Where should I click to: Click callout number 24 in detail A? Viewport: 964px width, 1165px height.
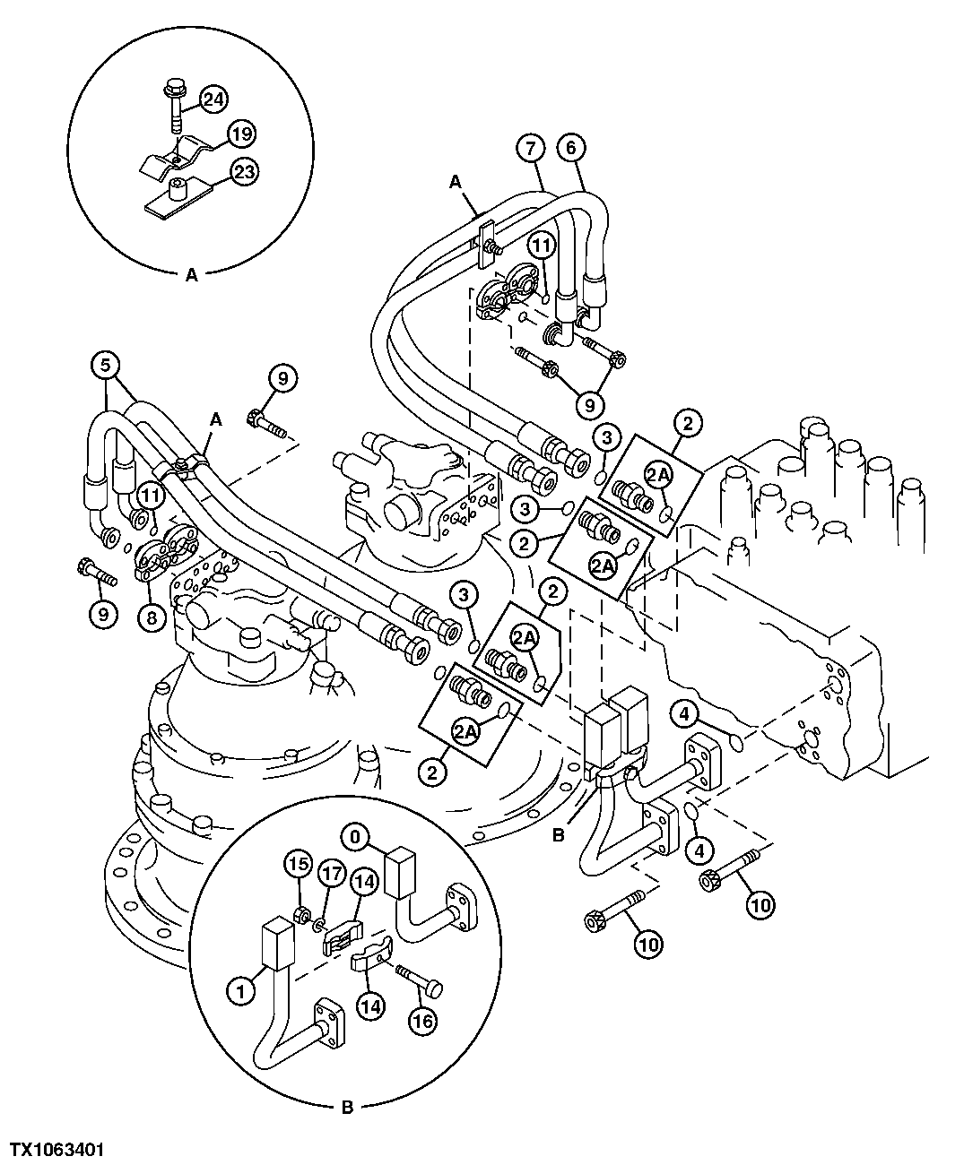pyautogui.click(x=213, y=99)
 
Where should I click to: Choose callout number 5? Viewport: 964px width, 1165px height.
pyautogui.click(x=105, y=365)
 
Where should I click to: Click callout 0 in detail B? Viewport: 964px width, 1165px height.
pyautogui.click(x=355, y=837)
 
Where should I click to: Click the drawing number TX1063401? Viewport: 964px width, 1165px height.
pyautogui.click(x=56, y=1149)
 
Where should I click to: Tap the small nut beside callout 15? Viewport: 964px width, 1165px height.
pyautogui.click(x=303, y=915)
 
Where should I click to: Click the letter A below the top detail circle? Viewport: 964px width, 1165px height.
pyautogui.click(x=191, y=276)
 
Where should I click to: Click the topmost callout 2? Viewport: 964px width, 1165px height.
pyautogui.click(x=688, y=422)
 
